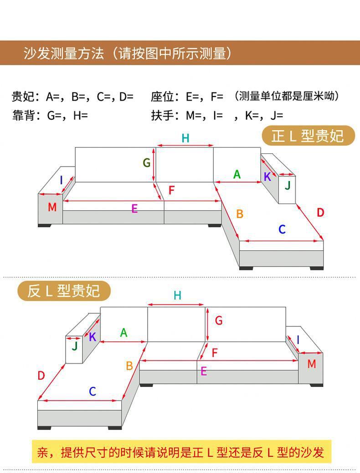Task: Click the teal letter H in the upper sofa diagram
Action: coord(185,138)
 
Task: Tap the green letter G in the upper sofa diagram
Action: coord(146,163)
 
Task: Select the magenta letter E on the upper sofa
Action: coord(134,209)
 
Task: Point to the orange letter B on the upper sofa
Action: coord(240,214)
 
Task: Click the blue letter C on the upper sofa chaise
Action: coord(282,229)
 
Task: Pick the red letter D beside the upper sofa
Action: coord(320,212)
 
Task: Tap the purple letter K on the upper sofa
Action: coord(267,177)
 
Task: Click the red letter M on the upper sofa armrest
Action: coord(52,207)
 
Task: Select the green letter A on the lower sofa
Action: coord(123,333)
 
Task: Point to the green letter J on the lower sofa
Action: coord(75,346)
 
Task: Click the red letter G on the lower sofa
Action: coord(219,320)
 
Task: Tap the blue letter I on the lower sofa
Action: coord(298,340)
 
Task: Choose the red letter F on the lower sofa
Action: coord(215,352)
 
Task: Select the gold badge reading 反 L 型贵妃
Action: coord(64,290)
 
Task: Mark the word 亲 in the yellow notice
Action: coord(42,452)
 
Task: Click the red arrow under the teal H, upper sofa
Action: coord(185,146)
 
